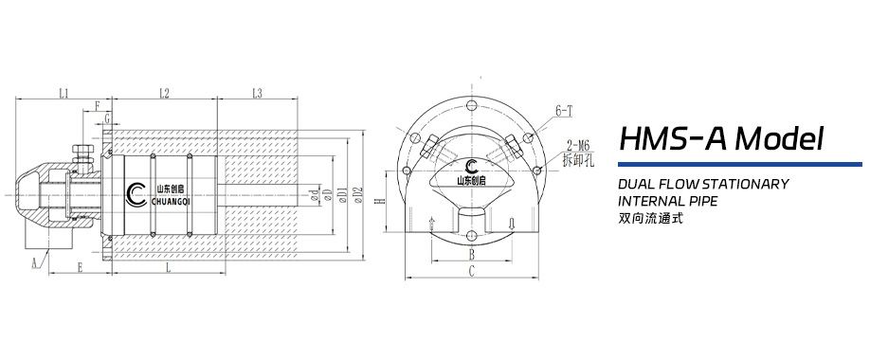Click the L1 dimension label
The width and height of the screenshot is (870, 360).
click(x=63, y=93)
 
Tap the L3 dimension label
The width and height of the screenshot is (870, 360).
click(x=256, y=93)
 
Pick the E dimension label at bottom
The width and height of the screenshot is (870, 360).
click(x=80, y=269)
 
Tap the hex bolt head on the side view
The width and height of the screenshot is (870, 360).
click(x=82, y=151)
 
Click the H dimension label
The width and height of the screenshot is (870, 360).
click(x=379, y=202)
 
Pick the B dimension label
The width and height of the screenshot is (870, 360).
click(x=471, y=255)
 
